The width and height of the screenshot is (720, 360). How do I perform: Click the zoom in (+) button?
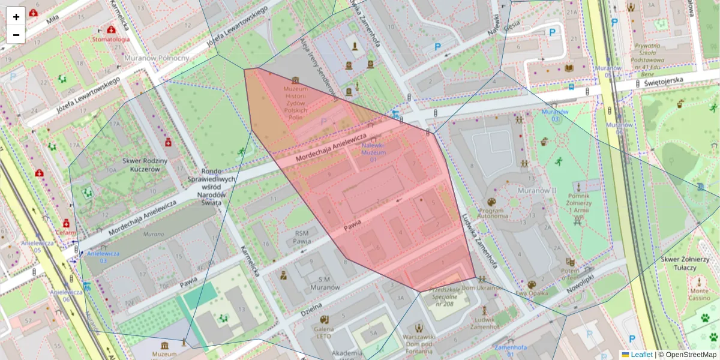click(x=16, y=16)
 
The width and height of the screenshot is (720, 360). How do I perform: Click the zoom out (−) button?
click(x=16, y=35)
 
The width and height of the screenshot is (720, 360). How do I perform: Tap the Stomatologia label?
click(x=110, y=39)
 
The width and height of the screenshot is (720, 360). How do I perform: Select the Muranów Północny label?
click(x=157, y=58)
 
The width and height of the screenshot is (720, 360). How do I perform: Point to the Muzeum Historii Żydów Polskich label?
click(x=295, y=98)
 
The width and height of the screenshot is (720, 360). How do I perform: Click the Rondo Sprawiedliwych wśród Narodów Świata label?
click(x=218, y=187)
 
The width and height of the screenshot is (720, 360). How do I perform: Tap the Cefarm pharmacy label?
click(x=67, y=232)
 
